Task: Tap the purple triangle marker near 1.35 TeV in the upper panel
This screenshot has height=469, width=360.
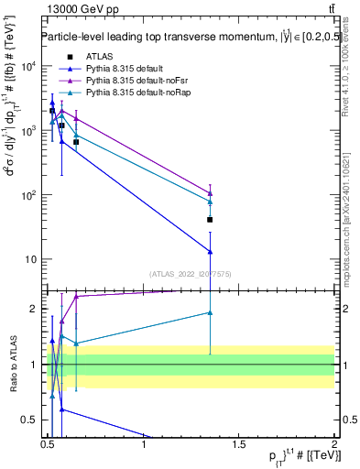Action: (x=211, y=193)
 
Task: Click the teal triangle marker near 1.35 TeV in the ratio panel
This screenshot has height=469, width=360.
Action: (x=211, y=312)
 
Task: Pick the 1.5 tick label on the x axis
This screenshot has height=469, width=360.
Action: (x=240, y=445)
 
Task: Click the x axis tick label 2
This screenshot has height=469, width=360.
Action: (x=335, y=445)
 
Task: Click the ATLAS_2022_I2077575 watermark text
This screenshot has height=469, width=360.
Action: (x=191, y=274)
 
